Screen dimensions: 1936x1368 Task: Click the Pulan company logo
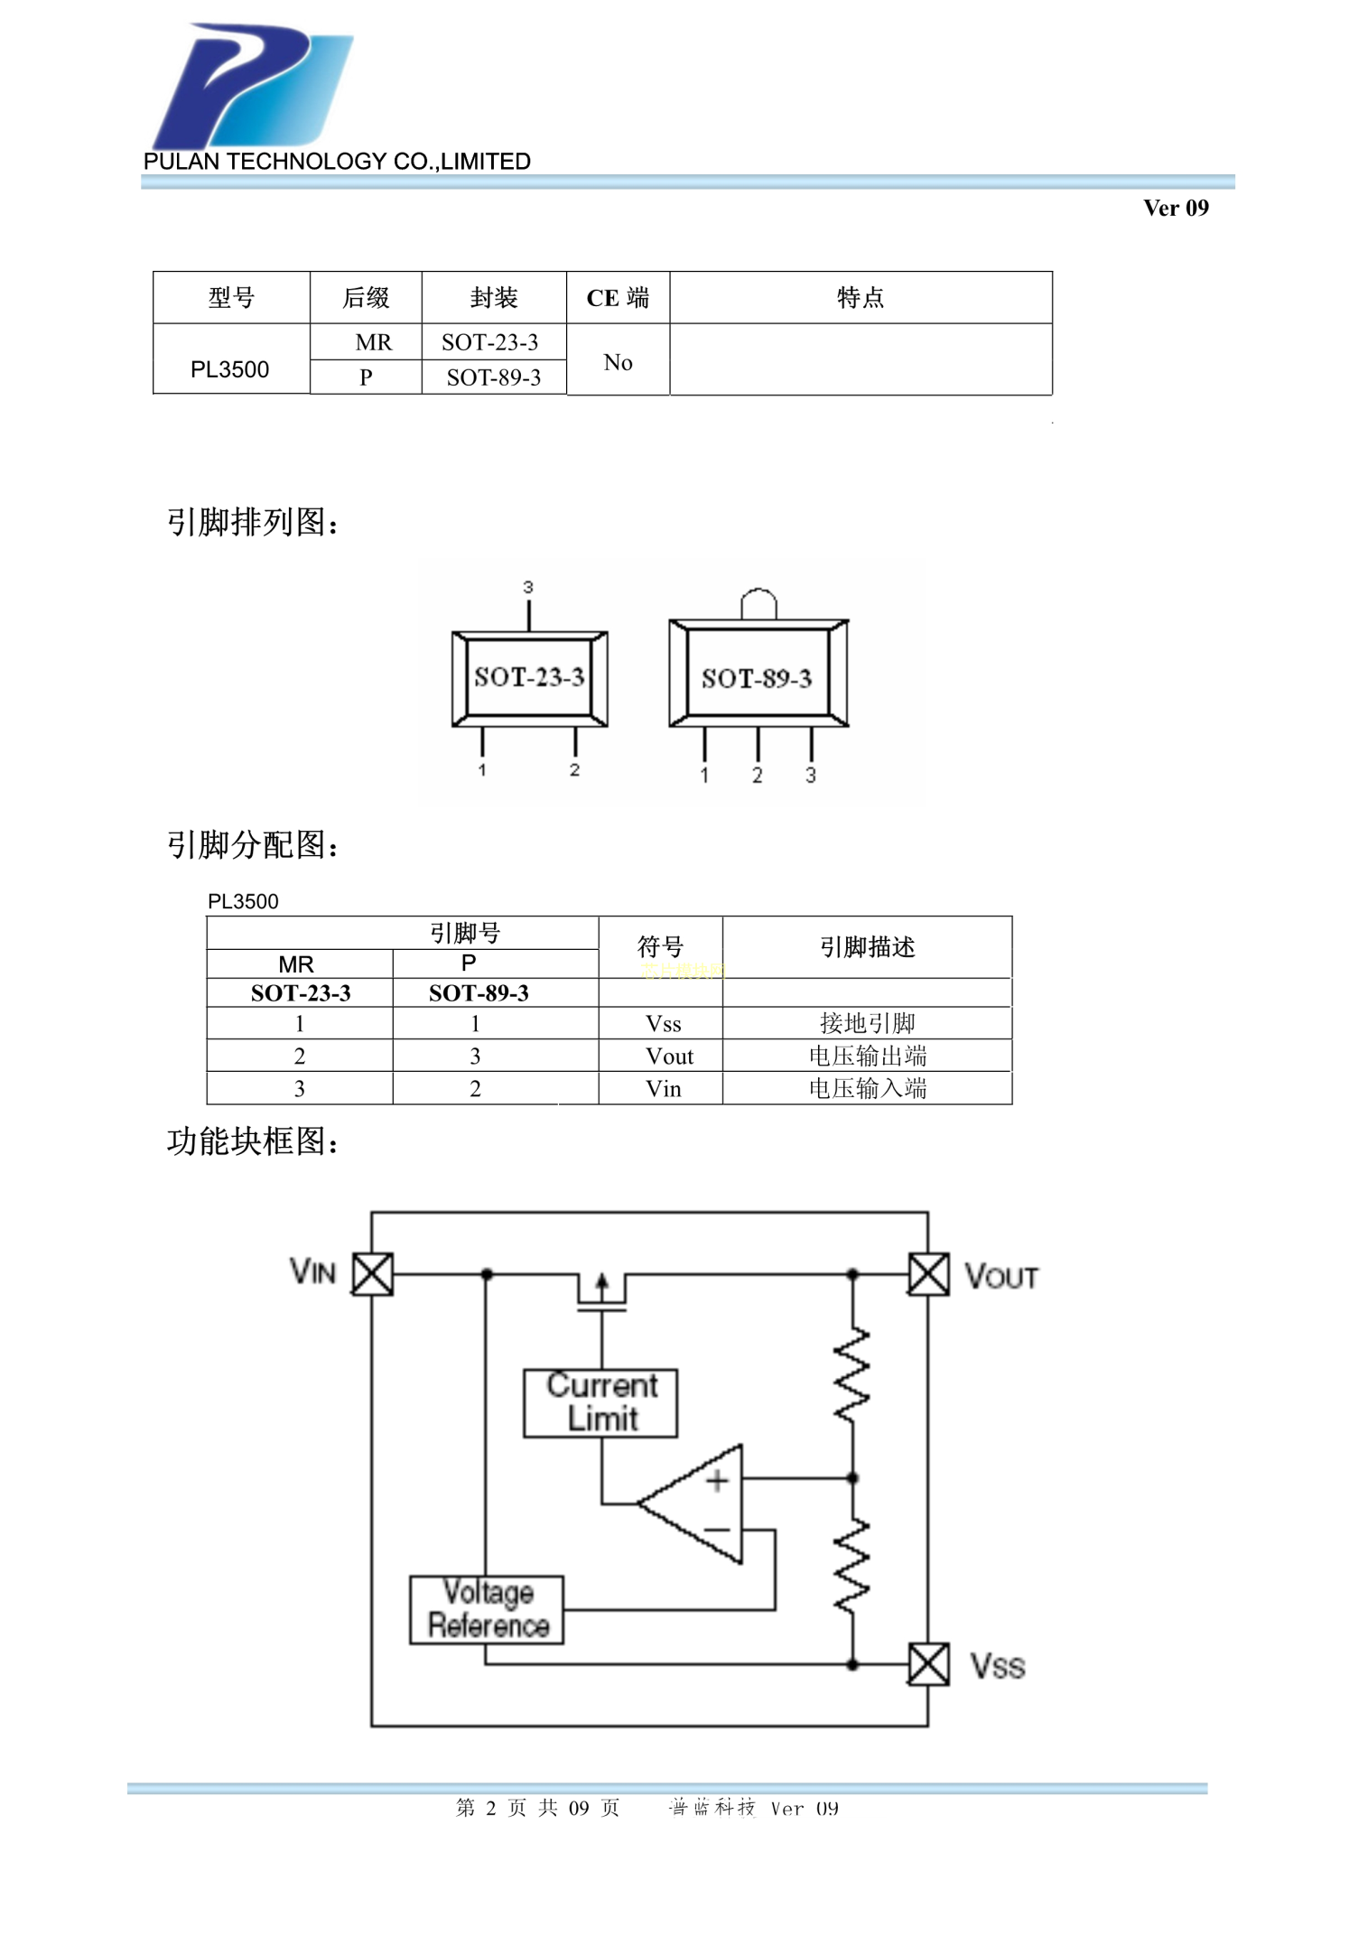tap(253, 86)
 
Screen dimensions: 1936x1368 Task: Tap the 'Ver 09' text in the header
tap(1175, 209)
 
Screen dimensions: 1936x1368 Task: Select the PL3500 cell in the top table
tap(229, 369)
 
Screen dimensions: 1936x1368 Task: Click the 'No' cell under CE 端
tap(618, 362)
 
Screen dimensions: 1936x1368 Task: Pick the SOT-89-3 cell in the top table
tap(493, 377)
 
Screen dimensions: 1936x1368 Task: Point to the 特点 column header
tap(860, 297)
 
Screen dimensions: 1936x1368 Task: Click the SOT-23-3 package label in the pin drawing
tap(529, 677)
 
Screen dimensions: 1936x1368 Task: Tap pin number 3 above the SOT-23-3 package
tap(528, 587)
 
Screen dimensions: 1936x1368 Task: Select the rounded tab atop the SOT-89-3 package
tap(758, 603)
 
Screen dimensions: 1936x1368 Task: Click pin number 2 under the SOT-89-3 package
tap(758, 775)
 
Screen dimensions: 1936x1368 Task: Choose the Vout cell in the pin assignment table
tap(669, 1056)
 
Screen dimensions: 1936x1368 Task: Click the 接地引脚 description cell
tap(867, 1023)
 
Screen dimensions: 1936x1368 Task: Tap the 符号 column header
tap(660, 946)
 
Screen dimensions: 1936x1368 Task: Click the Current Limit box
tap(601, 1402)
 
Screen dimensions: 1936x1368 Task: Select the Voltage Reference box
tap(488, 1610)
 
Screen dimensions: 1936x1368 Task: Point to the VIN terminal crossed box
tap(372, 1274)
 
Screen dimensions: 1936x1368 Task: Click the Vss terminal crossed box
tap(928, 1664)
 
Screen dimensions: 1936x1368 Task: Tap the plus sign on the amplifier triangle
tap(718, 1481)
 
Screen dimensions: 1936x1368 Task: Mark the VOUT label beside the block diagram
tap(1001, 1276)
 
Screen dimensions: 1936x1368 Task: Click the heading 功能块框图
tap(252, 1141)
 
